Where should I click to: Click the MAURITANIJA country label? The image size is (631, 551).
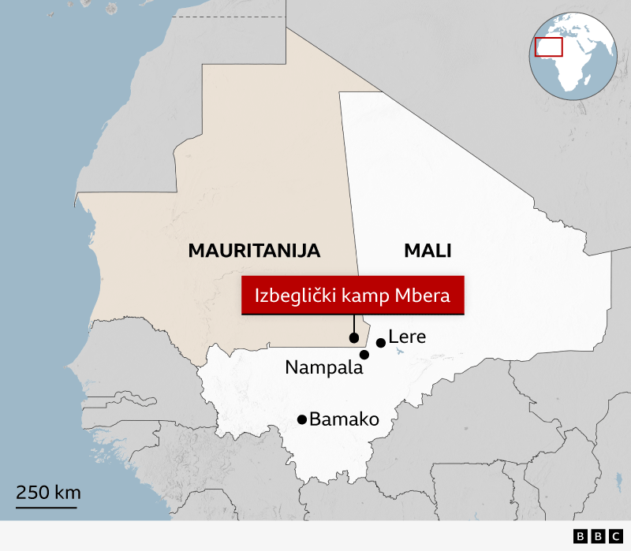[x=254, y=251]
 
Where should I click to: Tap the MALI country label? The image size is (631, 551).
[x=428, y=251]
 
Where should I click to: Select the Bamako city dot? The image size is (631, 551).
[x=302, y=419]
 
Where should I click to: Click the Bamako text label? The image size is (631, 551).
[x=345, y=419]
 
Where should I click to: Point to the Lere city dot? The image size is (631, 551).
[x=381, y=343]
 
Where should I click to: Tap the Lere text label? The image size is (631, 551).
[x=407, y=337]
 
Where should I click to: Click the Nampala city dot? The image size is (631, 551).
[x=364, y=355]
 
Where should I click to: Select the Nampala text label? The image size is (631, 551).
[x=323, y=367]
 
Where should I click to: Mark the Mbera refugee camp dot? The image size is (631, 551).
[x=353, y=338]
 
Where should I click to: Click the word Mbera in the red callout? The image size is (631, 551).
[x=423, y=296]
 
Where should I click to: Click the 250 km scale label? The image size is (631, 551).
[x=48, y=493]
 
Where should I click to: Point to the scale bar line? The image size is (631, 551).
[x=47, y=507]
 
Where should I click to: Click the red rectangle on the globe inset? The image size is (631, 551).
[x=548, y=47]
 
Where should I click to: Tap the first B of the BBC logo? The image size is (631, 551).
[x=580, y=536]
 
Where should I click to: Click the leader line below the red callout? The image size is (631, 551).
[x=353, y=325]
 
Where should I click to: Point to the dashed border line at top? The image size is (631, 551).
[x=229, y=17]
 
